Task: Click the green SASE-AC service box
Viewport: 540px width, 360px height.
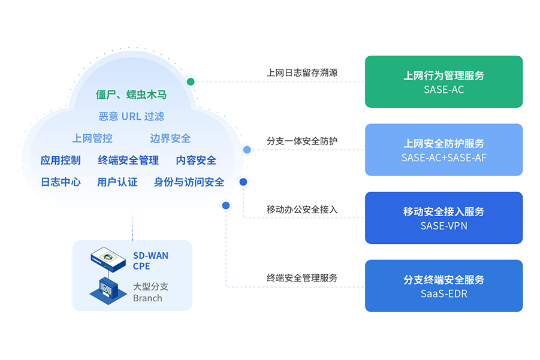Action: [444, 82]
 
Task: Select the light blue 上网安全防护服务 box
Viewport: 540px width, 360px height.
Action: [444, 150]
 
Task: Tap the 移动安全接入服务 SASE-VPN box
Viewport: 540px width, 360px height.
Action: [444, 218]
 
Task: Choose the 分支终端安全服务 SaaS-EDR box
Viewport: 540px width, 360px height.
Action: [444, 286]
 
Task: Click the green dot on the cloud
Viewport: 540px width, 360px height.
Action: [191, 81]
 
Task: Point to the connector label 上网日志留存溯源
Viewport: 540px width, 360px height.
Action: [302, 73]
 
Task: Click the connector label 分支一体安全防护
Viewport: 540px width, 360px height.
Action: [302, 141]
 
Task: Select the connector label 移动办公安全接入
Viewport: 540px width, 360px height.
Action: [302, 210]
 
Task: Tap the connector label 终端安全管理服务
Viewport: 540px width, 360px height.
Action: [302, 278]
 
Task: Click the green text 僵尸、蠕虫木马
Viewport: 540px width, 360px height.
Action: [131, 95]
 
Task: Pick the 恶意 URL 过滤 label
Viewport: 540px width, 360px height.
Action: [131, 116]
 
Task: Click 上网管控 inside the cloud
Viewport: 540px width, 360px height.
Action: [92, 138]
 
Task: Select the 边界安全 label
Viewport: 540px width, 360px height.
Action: [170, 138]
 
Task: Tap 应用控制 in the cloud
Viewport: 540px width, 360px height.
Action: [61, 160]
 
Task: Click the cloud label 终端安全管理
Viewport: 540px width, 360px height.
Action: [128, 160]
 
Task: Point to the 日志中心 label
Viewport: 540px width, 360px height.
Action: [61, 181]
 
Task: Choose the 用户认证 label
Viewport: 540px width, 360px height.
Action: [117, 181]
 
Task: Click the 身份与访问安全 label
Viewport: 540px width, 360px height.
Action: [189, 181]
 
